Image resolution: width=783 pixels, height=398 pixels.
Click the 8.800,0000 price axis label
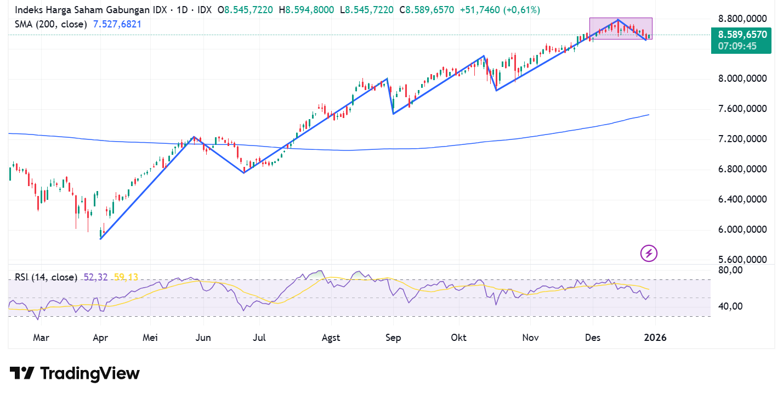click(742, 19)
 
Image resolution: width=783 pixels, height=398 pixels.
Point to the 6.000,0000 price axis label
click(742, 229)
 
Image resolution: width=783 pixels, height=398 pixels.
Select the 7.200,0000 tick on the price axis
click(742, 139)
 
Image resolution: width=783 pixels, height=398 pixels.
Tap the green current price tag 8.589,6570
click(741, 35)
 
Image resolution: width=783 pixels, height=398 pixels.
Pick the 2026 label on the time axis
click(655, 338)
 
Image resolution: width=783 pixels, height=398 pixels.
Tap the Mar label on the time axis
click(41, 338)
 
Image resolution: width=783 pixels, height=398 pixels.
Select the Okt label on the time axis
click(458, 338)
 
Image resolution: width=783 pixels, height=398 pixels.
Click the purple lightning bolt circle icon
click(649, 253)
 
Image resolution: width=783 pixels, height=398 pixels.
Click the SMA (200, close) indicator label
click(50, 24)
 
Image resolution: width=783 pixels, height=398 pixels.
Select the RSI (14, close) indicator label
click(46, 277)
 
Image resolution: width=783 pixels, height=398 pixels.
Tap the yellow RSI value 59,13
click(126, 277)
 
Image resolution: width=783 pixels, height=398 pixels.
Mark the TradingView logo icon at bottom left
click(22, 374)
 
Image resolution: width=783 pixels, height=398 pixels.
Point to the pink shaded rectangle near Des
click(621, 29)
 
